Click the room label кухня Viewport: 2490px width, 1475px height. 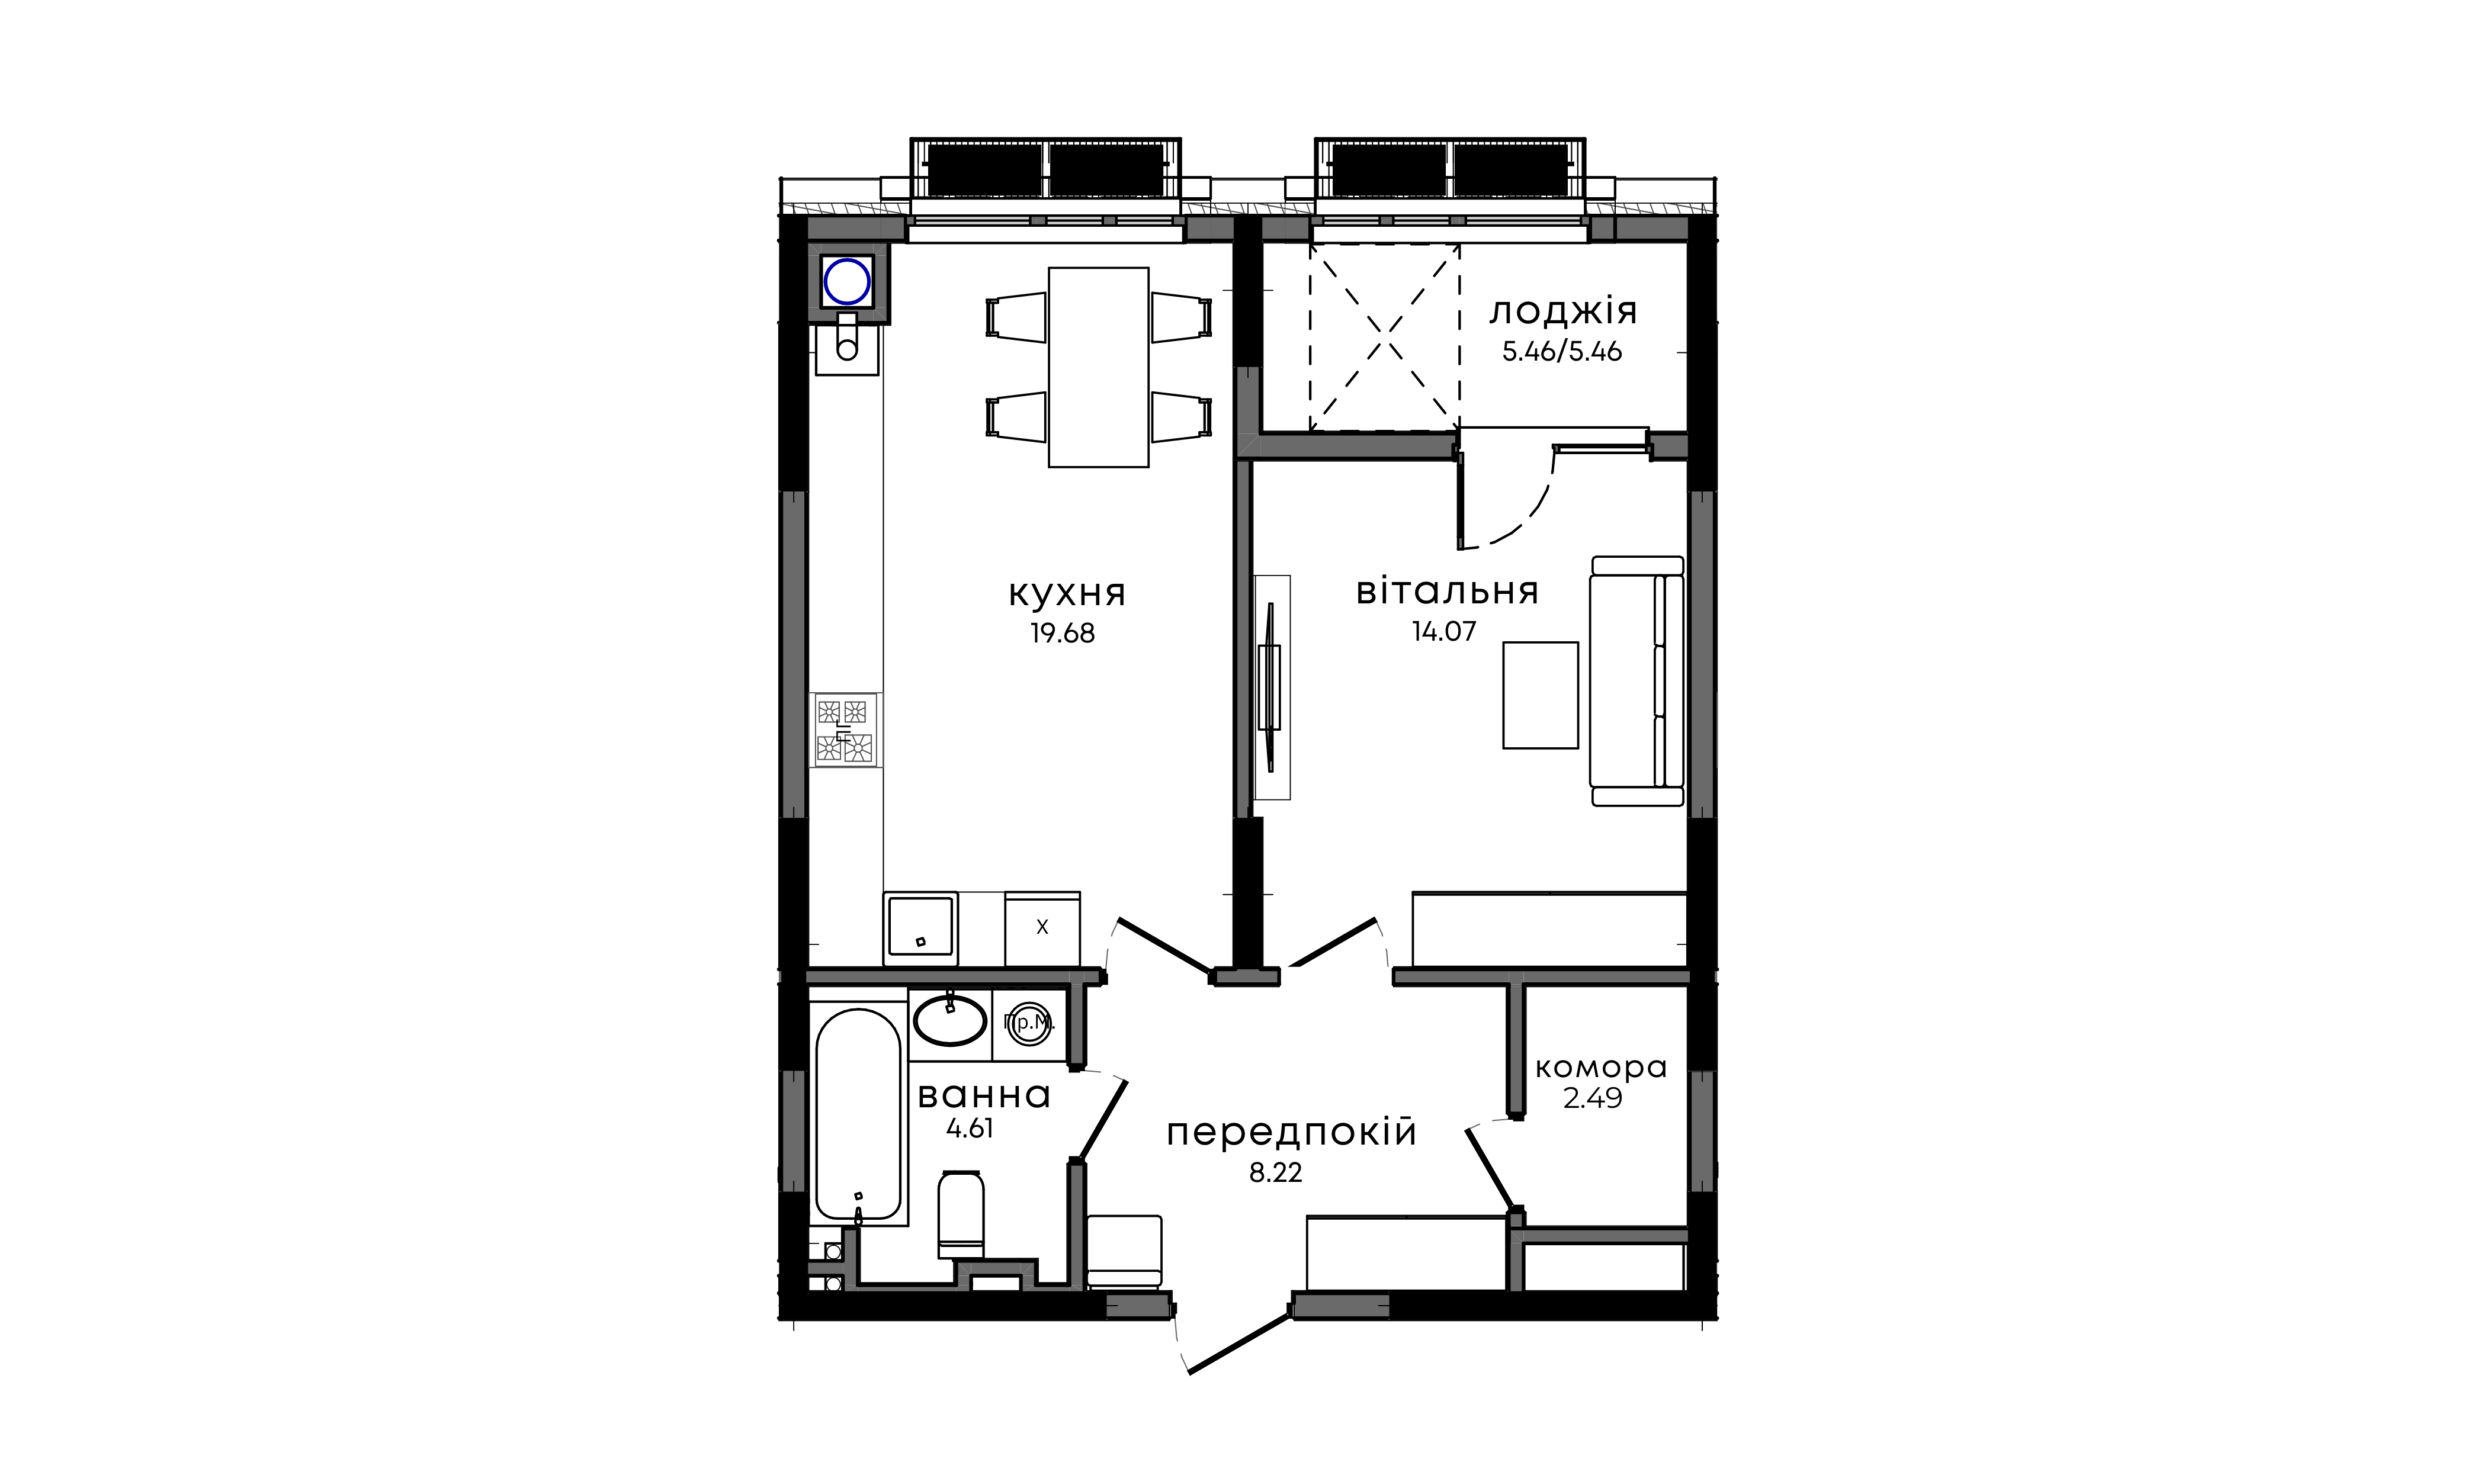tap(1067, 595)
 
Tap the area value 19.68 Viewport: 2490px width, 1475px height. tap(1063, 634)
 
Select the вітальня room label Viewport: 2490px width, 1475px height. tap(1448, 592)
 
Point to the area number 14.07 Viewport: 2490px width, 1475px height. tap(1444, 631)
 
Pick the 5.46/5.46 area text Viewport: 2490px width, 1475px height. tap(1562, 352)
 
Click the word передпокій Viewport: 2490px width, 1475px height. tap(1291, 1133)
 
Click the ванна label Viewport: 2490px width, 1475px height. tap(984, 1095)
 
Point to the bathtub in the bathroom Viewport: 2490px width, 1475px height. tap(859, 1115)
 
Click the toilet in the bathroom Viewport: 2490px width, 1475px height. tap(960, 1216)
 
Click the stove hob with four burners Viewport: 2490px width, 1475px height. tap(846, 730)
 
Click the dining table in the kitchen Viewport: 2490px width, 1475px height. tap(1098, 367)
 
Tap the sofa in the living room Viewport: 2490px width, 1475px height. tap(1636, 681)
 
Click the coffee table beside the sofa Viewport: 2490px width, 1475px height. tap(1540, 695)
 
